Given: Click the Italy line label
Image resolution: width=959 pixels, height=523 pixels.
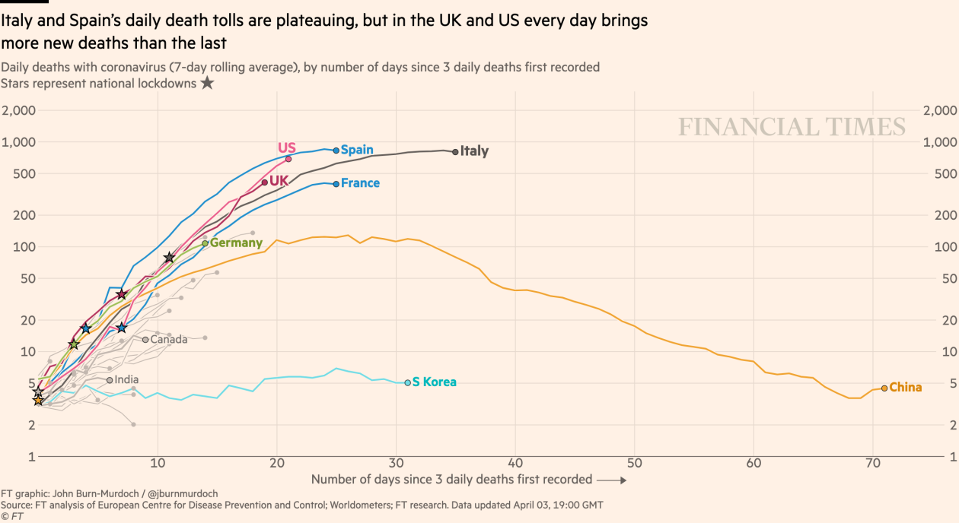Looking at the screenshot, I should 474,151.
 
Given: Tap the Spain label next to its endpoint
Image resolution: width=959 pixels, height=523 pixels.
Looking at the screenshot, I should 357,150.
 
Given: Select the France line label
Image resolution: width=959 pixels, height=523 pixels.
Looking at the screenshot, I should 360,183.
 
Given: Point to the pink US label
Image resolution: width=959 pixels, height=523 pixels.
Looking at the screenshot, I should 287,147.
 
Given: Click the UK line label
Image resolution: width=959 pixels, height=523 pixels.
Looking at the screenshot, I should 279,181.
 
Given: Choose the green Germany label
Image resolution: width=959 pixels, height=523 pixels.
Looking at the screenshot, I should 236,243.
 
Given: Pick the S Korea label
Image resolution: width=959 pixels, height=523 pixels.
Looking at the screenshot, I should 434,382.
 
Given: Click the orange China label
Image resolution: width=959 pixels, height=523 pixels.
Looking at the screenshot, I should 905,388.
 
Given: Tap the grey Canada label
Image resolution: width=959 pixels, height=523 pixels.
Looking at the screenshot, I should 168,340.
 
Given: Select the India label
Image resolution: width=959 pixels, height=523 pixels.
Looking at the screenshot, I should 126,380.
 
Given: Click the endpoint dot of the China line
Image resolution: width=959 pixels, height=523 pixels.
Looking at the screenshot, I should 884,388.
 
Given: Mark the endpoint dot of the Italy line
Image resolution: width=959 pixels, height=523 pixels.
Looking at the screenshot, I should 455,152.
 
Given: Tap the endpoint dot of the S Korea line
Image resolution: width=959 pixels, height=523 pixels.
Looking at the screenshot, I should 407,382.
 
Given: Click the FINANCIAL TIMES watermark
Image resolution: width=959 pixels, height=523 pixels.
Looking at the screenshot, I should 792,127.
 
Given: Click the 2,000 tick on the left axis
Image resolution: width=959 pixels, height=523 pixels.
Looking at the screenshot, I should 19,111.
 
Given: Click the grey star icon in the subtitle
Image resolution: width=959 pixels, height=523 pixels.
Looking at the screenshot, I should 207,83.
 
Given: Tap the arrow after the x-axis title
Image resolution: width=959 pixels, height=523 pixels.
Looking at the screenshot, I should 612,480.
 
